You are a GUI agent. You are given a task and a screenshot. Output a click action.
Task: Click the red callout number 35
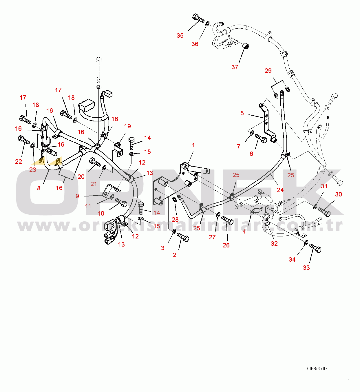pos(180,36)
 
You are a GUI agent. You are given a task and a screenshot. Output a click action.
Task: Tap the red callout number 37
pos(235,67)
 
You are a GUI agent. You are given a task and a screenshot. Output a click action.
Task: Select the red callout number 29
pos(268,70)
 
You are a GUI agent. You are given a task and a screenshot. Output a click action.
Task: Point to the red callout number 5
pos(242,113)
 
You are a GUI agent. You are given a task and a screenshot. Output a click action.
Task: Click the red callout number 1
pos(193,145)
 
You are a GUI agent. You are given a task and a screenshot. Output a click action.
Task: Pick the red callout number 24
pos(280,190)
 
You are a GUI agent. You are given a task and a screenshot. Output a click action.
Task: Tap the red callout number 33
pos(306,267)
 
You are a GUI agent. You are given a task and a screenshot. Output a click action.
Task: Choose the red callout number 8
pos(39,188)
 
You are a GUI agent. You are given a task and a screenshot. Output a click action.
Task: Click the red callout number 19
pos(127,126)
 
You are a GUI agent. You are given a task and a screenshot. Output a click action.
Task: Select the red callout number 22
pos(19,161)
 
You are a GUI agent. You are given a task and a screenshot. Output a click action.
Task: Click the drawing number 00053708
pos(317,369)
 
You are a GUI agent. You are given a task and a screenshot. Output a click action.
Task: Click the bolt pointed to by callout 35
pos(198,18)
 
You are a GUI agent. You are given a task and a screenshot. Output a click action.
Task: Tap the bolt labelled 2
pos(183,237)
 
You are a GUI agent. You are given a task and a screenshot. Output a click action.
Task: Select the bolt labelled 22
pos(23,139)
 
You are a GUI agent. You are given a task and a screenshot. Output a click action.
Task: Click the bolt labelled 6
pos(261,138)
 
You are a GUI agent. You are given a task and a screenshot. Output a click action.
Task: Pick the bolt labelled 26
pos(227,220)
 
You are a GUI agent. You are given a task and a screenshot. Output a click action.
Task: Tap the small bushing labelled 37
pos(246,45)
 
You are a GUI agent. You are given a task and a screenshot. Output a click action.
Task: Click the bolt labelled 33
pos(315,248)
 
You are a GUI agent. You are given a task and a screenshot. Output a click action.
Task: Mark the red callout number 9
pos(77,196)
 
